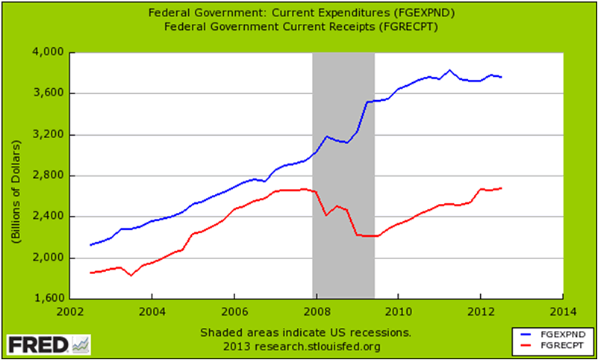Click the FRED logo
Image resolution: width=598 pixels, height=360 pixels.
(48, 344)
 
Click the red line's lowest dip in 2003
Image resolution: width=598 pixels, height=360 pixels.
(131, 276)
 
